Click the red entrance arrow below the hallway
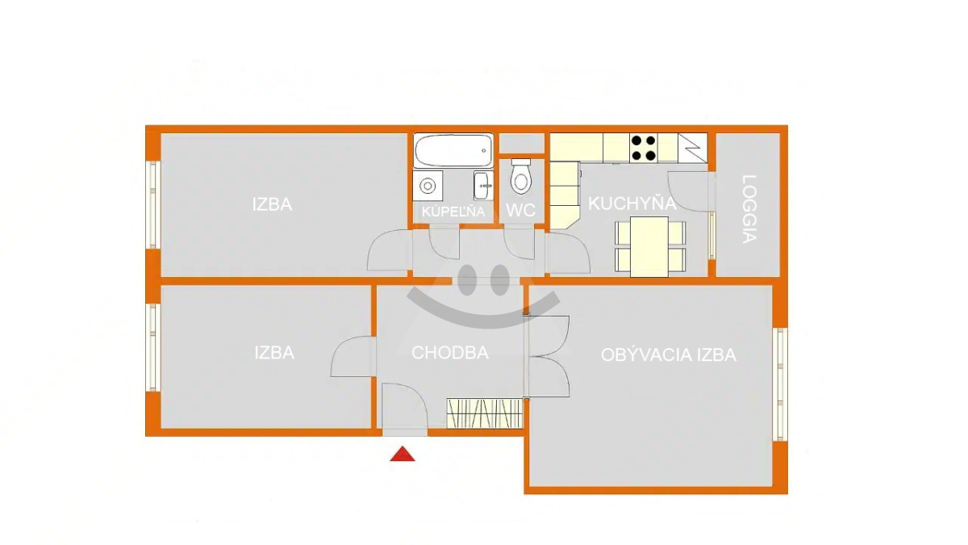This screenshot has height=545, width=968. click(403, 454)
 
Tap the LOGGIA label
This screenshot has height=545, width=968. click(749, 209)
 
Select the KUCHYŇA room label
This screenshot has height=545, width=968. click(632, 203)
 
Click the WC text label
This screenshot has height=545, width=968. click(520, 210)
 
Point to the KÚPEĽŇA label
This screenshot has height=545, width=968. click(453, 212)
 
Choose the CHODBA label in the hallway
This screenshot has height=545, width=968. click(450, 353)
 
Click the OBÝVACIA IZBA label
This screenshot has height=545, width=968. click(669, 355)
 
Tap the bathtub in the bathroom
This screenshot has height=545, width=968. click(453, 150)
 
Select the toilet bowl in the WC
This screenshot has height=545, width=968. click(521, 177)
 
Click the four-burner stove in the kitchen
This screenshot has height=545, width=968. click(644, 148)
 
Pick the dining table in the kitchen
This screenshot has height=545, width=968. click(649, 246)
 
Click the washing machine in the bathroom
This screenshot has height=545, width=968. click(428, 186)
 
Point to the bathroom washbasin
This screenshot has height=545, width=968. click(483, 186)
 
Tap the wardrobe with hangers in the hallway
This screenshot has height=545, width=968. click(485, 413)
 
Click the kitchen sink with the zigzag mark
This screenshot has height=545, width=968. click(692, 148)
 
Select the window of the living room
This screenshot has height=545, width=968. click(780, 384)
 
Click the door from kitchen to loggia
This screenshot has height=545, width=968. click(691, 191)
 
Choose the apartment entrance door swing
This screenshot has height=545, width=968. click(405, 407)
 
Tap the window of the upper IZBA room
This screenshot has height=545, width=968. click(152, 204)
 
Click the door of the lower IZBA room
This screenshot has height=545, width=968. click(353, 357)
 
